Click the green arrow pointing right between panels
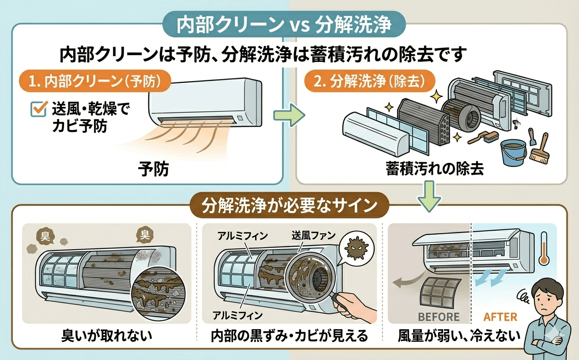pos(289,115)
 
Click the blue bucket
pos(512,152)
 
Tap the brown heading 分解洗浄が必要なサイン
pos(289,206)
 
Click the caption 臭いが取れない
pos(106,336)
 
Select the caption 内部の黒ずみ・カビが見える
pos(289,336)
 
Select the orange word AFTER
pos(500,317)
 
